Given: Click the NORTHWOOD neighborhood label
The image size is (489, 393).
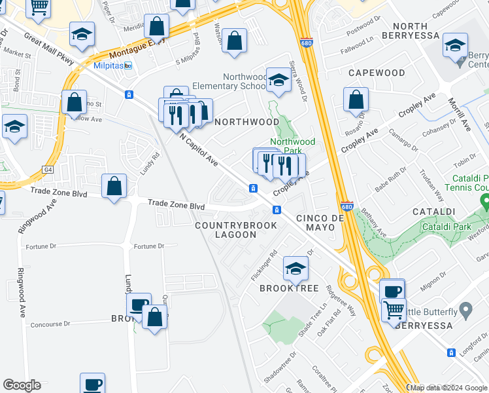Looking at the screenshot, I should click(x=247, y=122).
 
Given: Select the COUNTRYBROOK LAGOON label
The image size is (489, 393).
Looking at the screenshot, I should click(x=237, y=230).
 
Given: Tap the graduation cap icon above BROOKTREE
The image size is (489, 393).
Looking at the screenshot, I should click(x=295, y=267).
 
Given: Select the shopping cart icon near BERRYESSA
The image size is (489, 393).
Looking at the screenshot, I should click(x=394, y=310).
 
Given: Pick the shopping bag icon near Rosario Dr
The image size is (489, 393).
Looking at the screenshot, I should click(x=356, y=100).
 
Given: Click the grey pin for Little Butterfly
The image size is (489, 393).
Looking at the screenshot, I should click(x=465, y=309).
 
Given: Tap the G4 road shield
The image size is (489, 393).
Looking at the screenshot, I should click(x=48, y=170).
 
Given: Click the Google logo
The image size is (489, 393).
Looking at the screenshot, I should click(x=22, y=385).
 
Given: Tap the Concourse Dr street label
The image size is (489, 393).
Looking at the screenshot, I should click(x=50, y=324).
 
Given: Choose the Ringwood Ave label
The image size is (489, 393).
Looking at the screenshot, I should click(x=22, y=292).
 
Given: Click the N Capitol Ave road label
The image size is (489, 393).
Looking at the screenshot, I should click(x=199, y=149).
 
